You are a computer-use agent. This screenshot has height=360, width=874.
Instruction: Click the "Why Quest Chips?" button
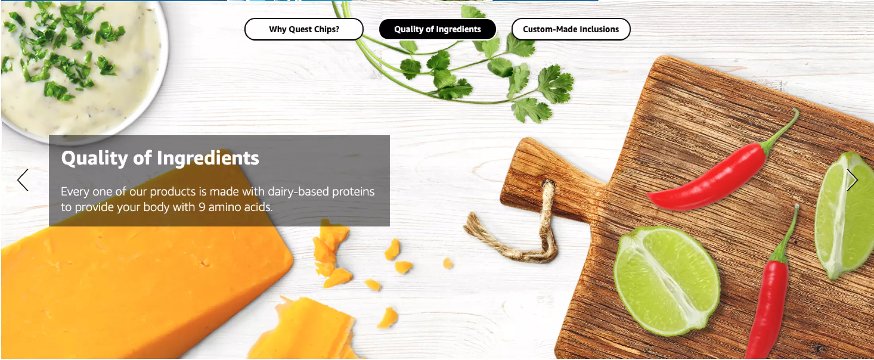(x=304, y=29)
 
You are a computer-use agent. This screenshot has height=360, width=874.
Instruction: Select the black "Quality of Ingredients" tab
(x=437, y=29)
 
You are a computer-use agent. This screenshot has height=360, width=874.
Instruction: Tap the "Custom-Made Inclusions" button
(x=571, y=29)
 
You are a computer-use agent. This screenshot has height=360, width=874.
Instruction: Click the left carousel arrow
(x=23, y=180)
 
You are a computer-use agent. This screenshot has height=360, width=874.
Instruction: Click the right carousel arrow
(x=852, y=180)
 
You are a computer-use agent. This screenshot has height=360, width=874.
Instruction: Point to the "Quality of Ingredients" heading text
(x=160, y=158)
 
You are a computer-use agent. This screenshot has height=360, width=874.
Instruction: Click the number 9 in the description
(x=202, y=207)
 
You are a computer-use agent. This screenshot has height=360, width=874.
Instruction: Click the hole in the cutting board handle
(x=548, y=185)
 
